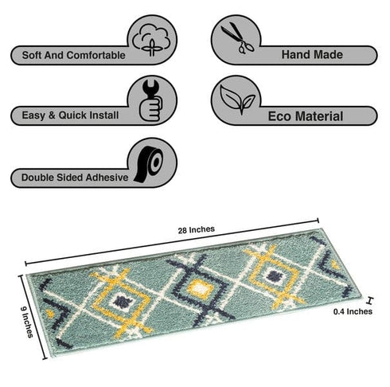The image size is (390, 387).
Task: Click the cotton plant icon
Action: pos(151,40)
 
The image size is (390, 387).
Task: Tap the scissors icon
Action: pos(237,37)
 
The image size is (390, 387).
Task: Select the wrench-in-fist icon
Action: pos(151,100)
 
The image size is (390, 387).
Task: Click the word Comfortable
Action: pos(96,56)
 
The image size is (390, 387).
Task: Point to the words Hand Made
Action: pos(312,55)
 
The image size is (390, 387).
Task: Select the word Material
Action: pos(319,116)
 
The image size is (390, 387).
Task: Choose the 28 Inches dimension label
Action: pos(197,229)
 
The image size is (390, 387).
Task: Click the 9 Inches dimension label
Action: pos(27,322)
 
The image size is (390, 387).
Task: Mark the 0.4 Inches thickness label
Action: pos(353,311)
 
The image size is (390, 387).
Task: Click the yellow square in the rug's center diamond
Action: pos(200,289)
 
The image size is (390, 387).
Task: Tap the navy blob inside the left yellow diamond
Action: pos(123,302)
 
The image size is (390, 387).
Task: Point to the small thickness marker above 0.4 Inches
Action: pos(369,301)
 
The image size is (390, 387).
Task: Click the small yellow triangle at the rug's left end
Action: pos(50,313)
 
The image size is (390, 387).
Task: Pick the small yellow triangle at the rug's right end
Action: pos(335,264)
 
